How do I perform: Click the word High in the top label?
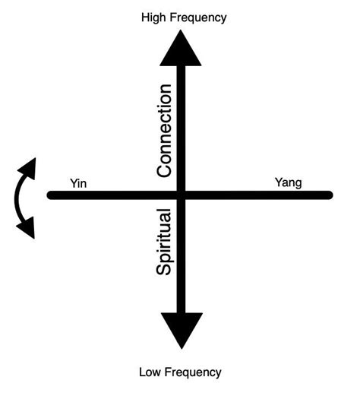153,17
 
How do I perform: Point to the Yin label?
78,182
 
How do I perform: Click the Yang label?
287,182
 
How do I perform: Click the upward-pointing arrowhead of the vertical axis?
181,49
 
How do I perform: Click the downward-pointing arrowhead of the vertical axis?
181,331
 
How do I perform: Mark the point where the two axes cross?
181,195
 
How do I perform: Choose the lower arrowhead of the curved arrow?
27,227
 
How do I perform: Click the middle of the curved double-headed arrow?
17,198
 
